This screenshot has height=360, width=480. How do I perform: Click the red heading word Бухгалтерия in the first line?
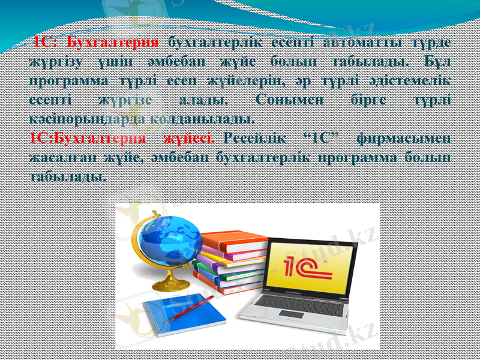(113, 42)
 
